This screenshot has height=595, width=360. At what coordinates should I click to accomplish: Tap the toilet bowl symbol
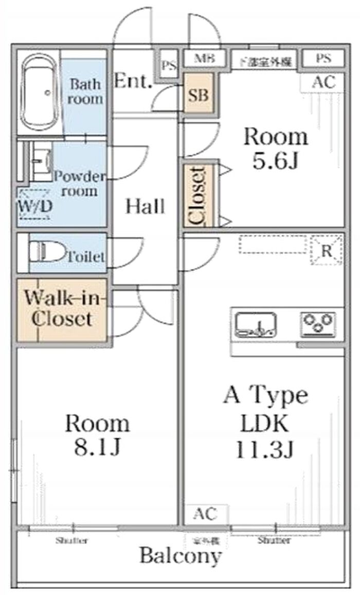pyautogui.click(x=47, y=253)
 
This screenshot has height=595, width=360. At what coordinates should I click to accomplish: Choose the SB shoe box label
pyautogui.click(x=197, y=95)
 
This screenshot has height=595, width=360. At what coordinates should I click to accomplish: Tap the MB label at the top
pyautogui.click(x=204, y=58)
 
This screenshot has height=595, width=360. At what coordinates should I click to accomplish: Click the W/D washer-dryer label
pyautogui.click(x=34, y=206)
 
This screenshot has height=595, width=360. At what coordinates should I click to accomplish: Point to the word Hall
pyautogui.click(x=146, y=206)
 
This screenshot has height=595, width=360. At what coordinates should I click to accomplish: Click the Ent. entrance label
pyautogui.click(x=133, y=81)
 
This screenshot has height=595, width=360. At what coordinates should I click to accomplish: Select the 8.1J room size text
pyautogui.click(x=97, y=448)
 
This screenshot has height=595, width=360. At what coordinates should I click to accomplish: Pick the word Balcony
pyautogui.click(x=181, y=556)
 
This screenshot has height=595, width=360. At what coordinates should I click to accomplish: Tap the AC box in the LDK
pyautogui.click(x=205, y=514)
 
